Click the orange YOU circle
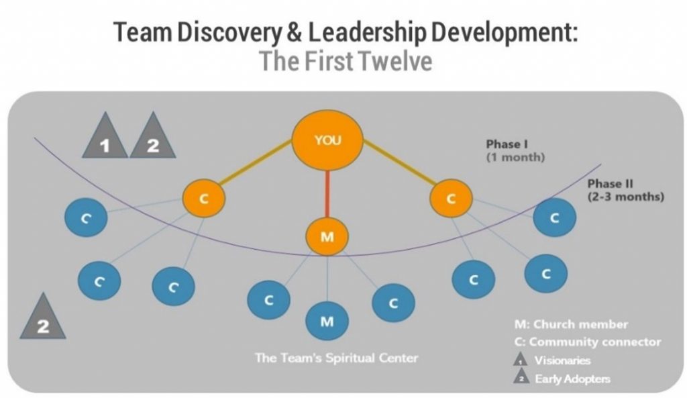click(327, 140)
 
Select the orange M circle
click(327, 237)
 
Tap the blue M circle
click(327, 321)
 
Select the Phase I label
click(515, 150)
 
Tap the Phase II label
click(626, 190)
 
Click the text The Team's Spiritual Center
click(337, 358)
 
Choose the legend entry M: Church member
click(571, 324)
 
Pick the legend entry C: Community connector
click(588, 342)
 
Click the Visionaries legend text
click(562, 360)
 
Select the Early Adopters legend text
click(572, 379)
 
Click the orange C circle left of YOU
click(204, 198)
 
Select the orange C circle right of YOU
click(451, 198)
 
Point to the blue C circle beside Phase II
click(555, 217)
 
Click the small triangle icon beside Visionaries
click(520, 359)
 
